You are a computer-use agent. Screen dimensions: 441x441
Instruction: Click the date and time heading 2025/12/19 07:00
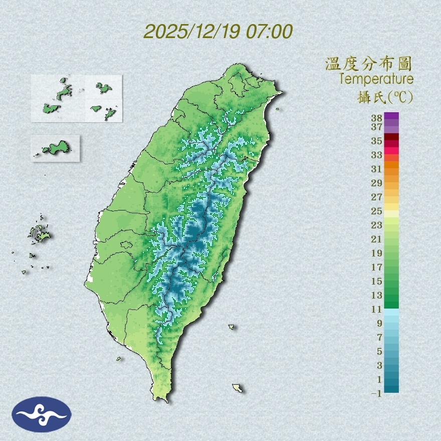pyautogui.click(x=218, y=32)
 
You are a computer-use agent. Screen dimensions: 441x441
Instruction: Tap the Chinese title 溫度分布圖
pyautogui.click(x=368, y=64)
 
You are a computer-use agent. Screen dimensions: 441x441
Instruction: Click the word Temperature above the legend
pyautogui.click(x=376, y=79)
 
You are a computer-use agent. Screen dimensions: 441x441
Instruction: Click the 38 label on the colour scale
pyautogui.click(x=377, y=118)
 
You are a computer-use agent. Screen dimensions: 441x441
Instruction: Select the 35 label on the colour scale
pyautogui.click(x=377, y=141)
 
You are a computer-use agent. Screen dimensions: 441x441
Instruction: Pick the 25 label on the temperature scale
pyautogui.click(x=377, y=211)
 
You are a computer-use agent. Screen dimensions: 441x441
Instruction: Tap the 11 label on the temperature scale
pyautogui.click(x=377, y=309)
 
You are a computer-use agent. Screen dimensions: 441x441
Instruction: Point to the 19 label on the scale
pyautogui.click(x=377, y=253)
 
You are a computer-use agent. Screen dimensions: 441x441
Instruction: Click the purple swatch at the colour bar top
pyautogui.click(x=391, y=116)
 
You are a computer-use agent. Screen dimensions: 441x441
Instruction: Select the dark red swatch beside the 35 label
pyautogui.click(x=391, y=137)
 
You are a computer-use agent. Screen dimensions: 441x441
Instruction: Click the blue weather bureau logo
pyautogui.click(x=42, y=414)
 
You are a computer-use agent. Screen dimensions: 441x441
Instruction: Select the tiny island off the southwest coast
pyautogui.click(x=119, y=358)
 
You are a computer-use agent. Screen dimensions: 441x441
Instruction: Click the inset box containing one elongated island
pyautogui.click(x=55, y=148)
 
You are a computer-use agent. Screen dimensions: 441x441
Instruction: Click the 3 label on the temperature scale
pyautogui.click(x=379, y=365)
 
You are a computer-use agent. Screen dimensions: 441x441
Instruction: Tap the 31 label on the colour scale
pyautogui.click(x=377, y=169)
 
